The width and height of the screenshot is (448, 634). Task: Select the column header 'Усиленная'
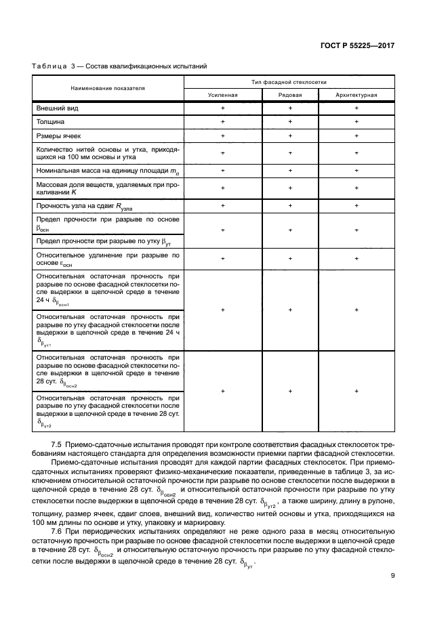coord(222,95)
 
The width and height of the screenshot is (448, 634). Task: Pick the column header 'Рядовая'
coord(290,95)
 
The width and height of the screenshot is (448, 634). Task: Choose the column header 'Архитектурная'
coord(357,95)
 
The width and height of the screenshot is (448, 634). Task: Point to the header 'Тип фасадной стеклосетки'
coord(289,81)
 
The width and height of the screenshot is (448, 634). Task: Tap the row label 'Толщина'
coord(51,123)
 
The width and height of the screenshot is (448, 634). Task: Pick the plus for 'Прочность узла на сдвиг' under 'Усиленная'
coord(222,205)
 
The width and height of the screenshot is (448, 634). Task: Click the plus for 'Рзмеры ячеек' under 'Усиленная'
coord(222,136)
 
